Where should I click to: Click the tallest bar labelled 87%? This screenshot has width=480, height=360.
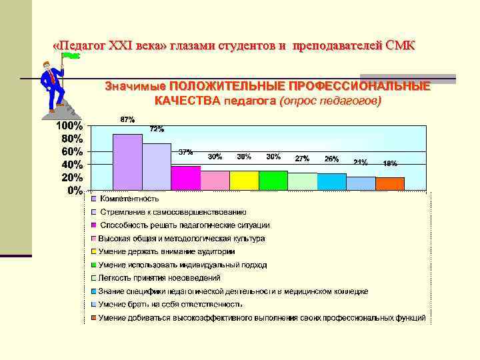click(127, 162)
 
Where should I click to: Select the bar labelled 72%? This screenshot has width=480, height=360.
click(157, 167)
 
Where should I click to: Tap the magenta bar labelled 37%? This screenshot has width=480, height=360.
click(185, 178)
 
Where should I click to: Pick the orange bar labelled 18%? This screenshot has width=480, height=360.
click(390, 183)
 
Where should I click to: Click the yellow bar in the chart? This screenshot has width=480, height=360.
click(244, 181)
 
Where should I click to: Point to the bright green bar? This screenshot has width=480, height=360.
click(273, 181)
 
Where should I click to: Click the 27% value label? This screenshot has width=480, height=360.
click(302, 159)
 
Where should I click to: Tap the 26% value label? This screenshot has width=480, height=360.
click(331, 159)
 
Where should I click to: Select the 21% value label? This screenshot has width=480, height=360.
click(361, 161)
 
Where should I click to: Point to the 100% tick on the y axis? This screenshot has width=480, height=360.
click(69, 126)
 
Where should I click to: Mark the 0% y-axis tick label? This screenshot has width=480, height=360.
click(75, 190)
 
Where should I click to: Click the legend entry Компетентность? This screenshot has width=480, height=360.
click(129, 199)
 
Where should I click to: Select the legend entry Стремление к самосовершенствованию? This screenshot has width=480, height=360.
click(172, 211)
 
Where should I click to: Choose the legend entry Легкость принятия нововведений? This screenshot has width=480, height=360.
click(159, 278)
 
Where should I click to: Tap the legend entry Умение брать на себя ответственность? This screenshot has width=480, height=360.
click(170, 304)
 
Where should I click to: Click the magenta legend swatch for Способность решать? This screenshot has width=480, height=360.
click(95, 225)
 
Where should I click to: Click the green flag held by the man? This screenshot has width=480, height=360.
click(71, 57)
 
